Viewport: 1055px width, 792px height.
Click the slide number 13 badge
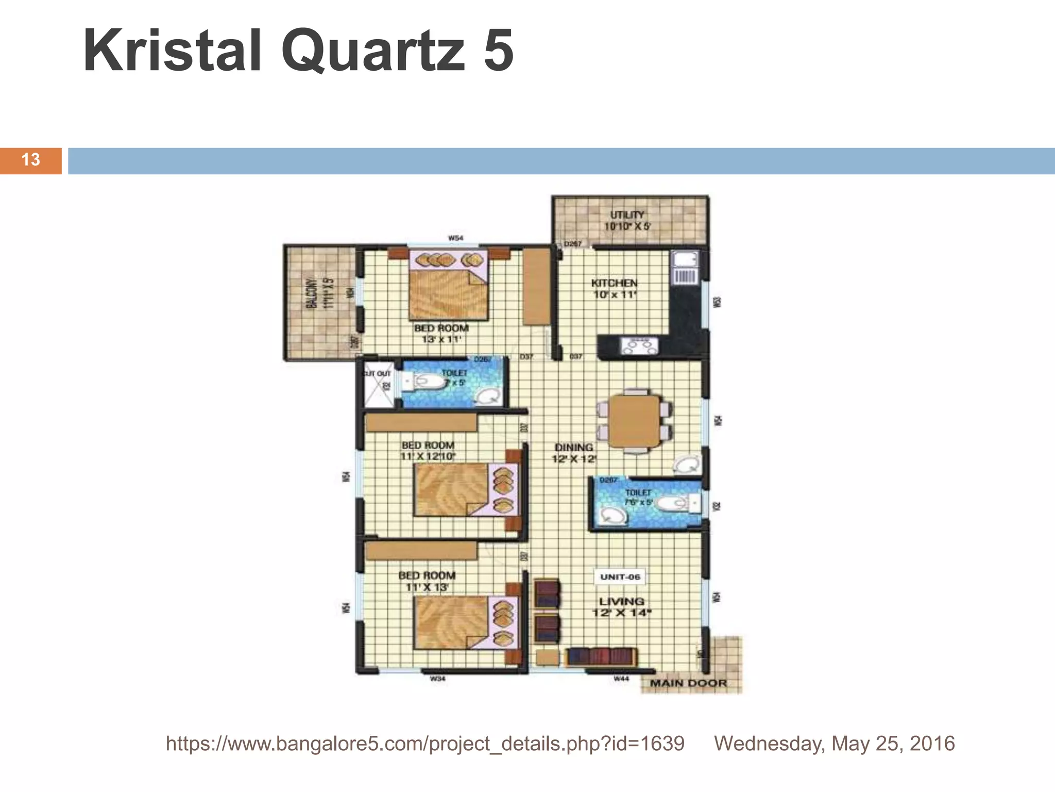click(31, 160)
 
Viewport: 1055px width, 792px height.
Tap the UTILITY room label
click(627, 220)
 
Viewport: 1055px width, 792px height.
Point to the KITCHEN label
click(614, 288)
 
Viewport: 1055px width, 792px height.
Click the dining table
click(634, 421)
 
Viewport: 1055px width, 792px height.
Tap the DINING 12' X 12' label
click(573, 453)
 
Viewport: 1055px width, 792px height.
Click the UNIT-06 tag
click(620, 577)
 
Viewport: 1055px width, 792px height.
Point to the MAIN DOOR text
click(688, 683)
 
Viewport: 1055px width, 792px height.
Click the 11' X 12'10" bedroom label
click(428, 451)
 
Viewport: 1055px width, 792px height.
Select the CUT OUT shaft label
click(378, 373)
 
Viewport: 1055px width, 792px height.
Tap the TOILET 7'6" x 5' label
click(638, 497)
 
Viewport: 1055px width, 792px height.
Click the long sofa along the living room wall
click(601, 657)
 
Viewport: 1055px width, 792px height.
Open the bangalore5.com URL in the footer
click(425, 744)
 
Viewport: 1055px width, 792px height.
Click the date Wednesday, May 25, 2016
click(834, 744)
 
